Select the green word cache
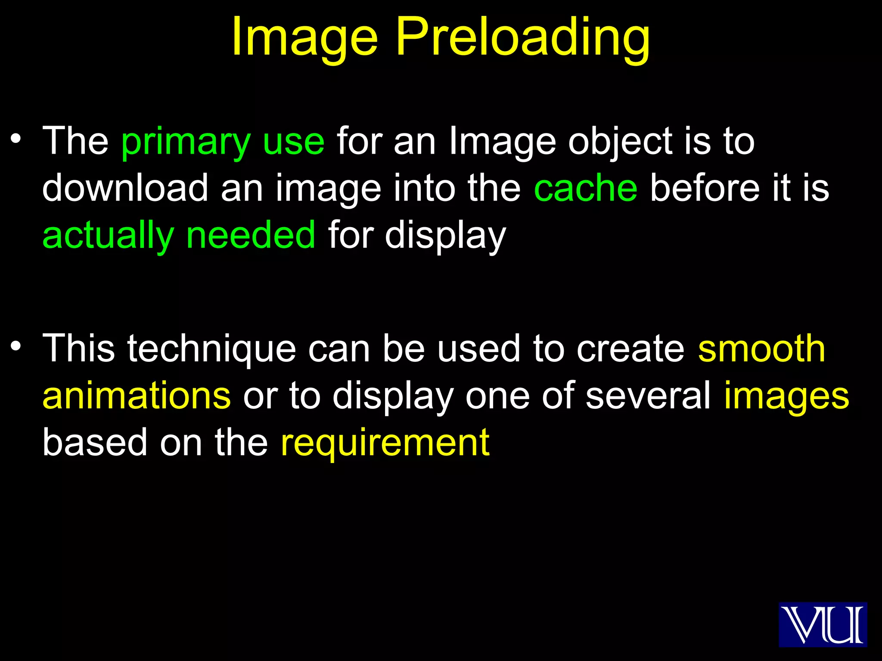point(586,188)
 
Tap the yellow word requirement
point(385,443)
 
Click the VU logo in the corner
point(823,624)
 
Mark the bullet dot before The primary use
point(16,139)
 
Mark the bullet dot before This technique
point(16,346)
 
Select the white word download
point(125,188)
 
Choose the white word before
point(705,188)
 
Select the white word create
point(630,349)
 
